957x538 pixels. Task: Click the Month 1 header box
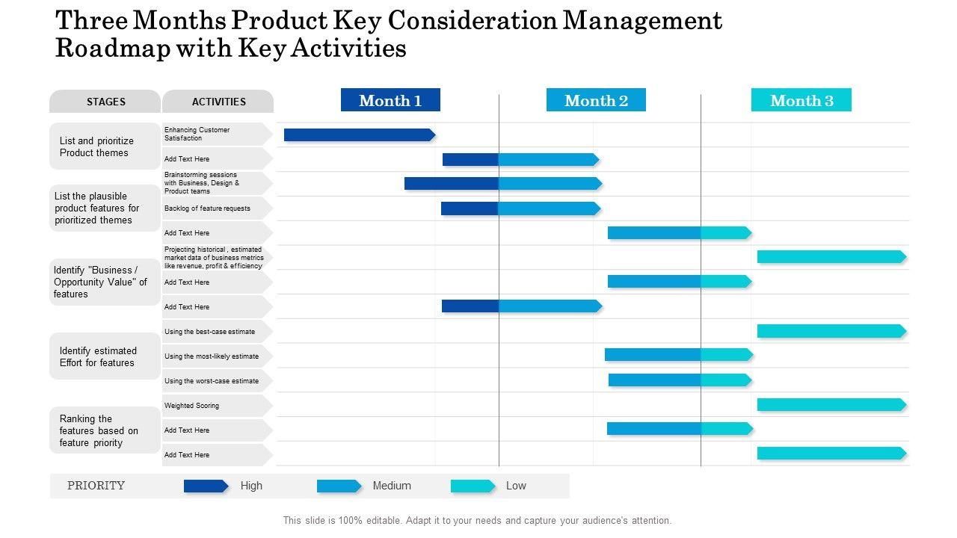point(390,100)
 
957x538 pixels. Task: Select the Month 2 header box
point(596,100)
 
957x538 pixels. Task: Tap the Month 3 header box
point(801,100)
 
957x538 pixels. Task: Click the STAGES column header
point(105,102)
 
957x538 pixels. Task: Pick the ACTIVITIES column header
point(218,102)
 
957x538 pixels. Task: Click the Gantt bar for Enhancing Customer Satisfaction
point(359,134)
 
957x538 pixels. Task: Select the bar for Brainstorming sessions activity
point(502,183)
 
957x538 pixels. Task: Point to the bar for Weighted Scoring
point(831,405)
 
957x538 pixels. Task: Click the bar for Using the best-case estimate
point(831,331)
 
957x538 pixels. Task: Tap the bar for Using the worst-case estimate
point(679,380)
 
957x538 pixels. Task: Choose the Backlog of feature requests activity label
point(208,208)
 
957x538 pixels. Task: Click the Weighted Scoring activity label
point(192,406)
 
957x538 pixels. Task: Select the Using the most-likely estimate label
point(212,356)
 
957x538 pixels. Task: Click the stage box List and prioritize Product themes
point(105,146)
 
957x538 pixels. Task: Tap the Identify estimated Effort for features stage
point(105,356)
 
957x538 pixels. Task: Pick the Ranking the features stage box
point(105,430)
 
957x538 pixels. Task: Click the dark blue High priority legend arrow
point(206,486)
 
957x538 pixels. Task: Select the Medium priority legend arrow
point(339,486)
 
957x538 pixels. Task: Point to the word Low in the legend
point(516,486)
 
